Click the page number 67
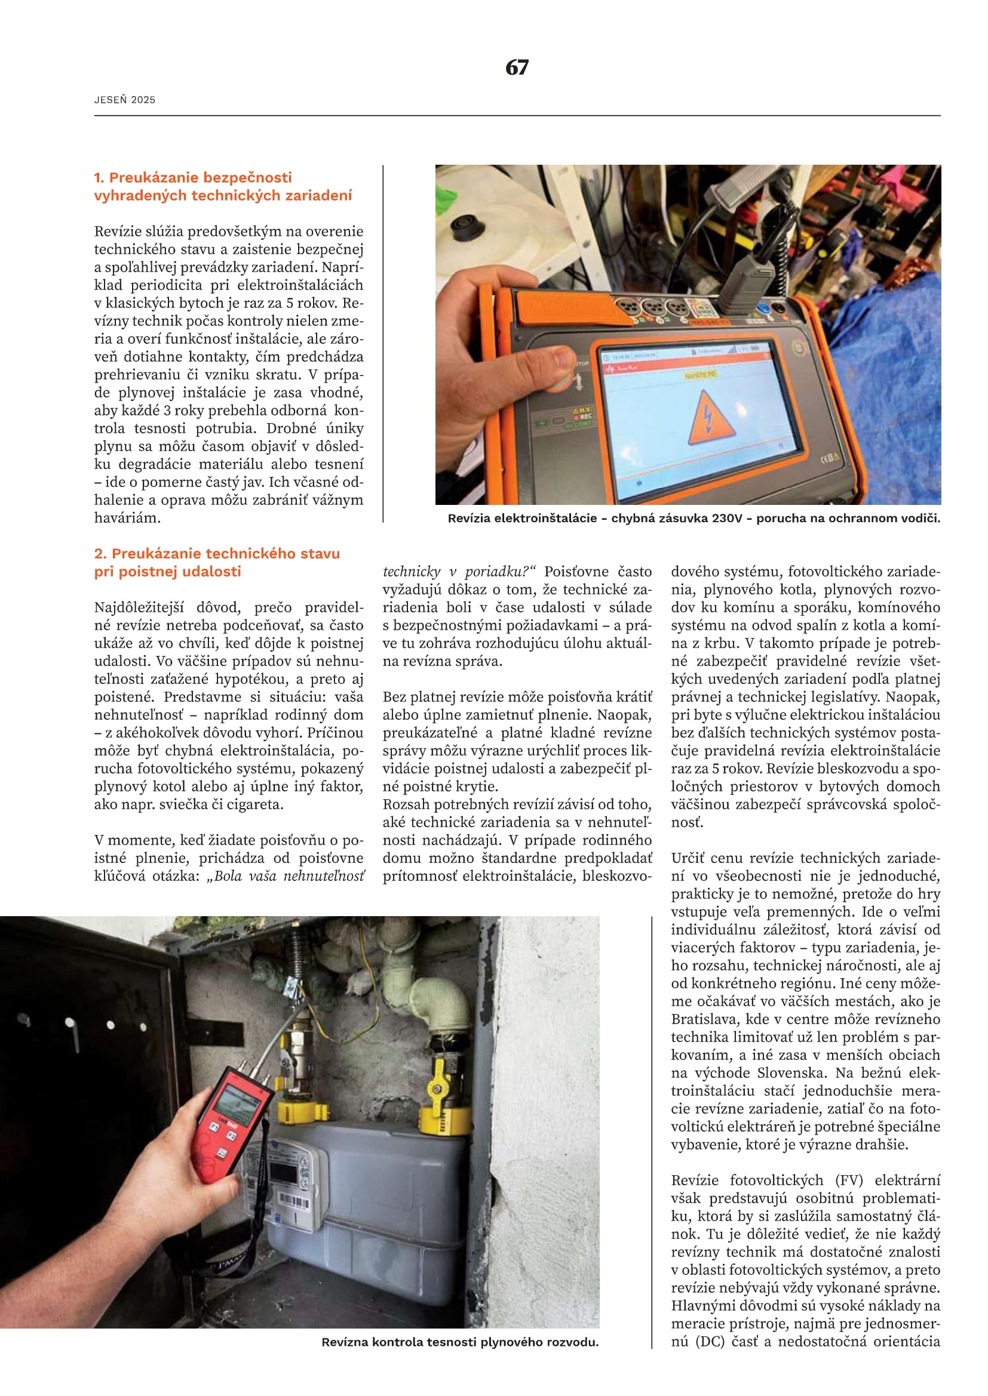pos(517,67)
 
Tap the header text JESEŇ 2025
pos(125,100)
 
